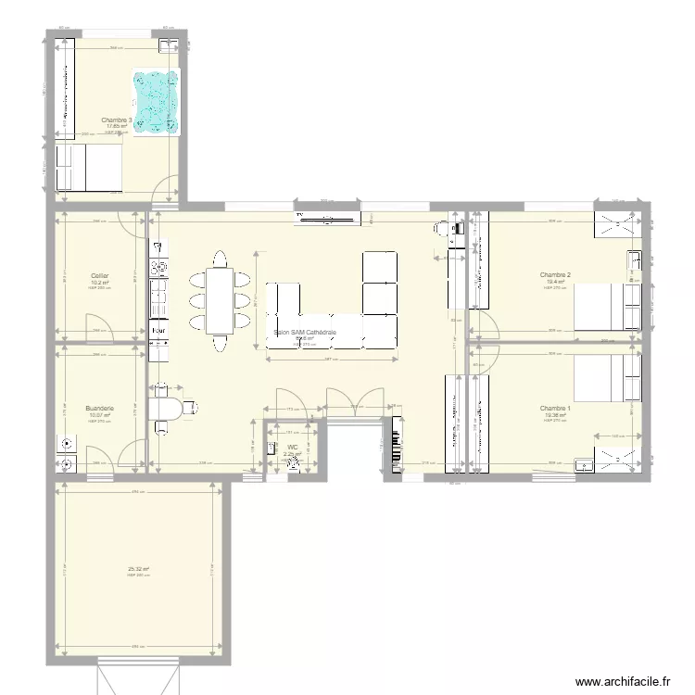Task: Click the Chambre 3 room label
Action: point(116,120)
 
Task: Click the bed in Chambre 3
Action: point(89,168)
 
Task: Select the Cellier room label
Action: point(99,275)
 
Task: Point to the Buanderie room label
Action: point(99,409)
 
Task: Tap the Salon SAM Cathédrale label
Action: point(305,332)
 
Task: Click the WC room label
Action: point(292,447)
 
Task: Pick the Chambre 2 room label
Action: point(555,275)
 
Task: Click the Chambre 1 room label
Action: point(555,409)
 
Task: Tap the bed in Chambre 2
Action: point(607,307)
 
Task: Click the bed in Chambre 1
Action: point(607,379)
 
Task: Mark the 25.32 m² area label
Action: point(139,569)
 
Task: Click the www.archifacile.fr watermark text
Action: point(622,681)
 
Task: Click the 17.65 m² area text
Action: point(115,127)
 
